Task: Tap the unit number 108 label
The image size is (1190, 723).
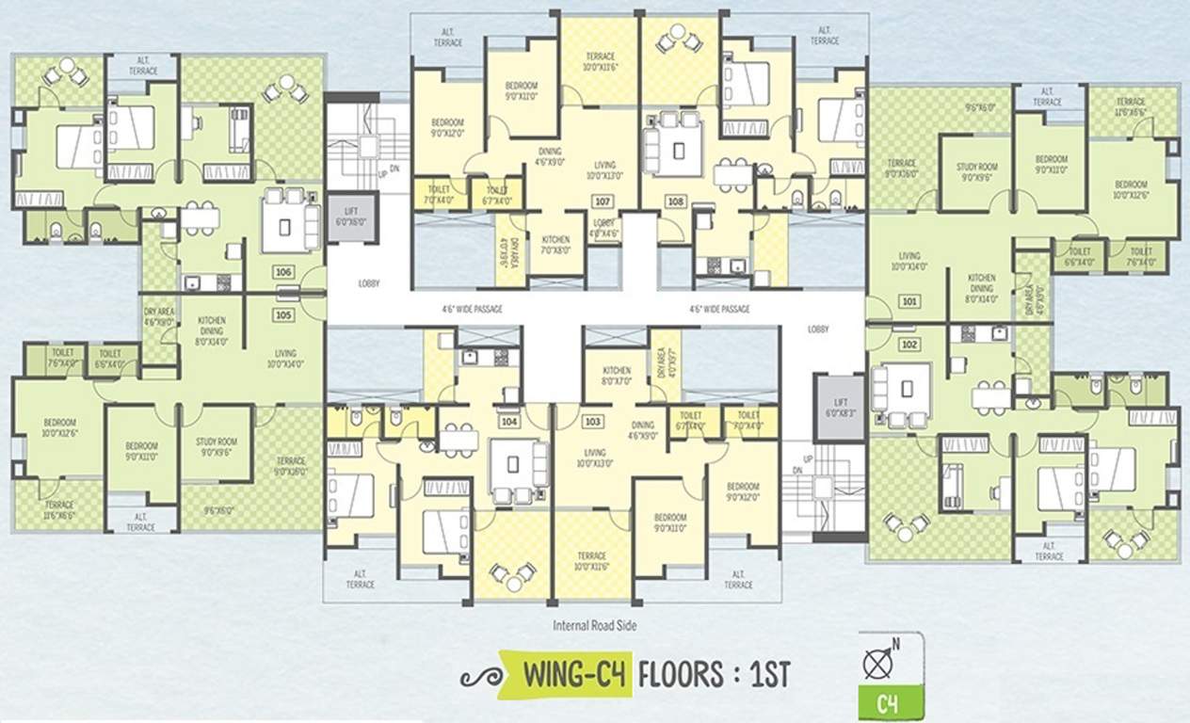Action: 675,201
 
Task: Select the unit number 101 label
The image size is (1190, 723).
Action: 909,302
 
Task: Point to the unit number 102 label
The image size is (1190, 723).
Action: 909,345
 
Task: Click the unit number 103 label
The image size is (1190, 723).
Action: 593,421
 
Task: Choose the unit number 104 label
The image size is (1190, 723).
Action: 509,421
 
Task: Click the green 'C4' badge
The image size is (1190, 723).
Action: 886,702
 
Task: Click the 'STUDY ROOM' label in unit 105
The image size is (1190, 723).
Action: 217,445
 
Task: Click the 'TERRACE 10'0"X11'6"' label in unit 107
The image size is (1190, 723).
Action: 600,61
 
